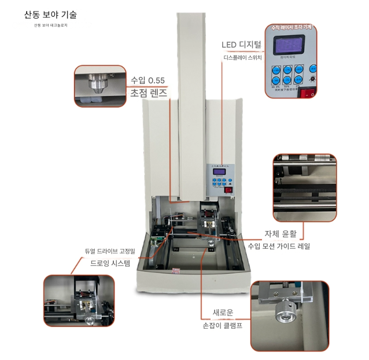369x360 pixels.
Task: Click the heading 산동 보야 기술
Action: point(50,15)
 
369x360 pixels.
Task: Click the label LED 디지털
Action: point(242,45)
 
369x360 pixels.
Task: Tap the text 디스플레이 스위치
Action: point(243,58)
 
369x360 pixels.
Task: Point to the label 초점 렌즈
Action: point(149,93)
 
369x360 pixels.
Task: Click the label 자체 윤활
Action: point(281,234)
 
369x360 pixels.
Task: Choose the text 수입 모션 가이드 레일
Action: point(279,246)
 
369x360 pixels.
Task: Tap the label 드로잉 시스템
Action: point(110,263)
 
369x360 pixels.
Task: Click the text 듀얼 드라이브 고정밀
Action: point(109,251)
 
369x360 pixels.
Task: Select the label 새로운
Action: point(223,313)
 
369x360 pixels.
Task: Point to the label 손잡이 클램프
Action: point(222,325)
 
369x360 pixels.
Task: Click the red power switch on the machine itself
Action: point(228,189)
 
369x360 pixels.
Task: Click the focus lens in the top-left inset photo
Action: point(95,86)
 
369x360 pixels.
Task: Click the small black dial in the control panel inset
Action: point(313,76)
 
